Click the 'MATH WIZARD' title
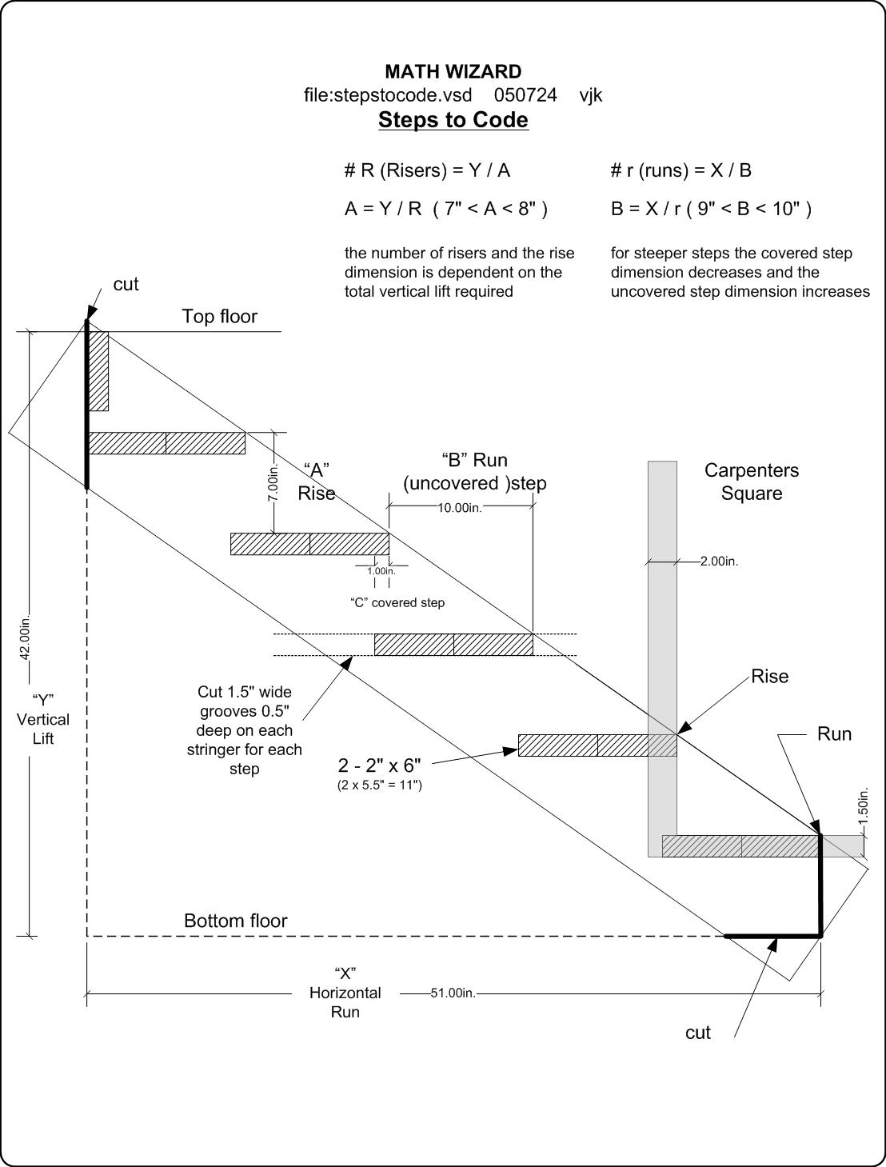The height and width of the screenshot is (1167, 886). click(453, 72)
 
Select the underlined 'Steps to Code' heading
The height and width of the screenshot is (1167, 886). click(453, 120)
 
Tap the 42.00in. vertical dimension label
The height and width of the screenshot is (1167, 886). click(25, 639)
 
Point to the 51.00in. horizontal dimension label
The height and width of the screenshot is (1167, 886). click(453, 993)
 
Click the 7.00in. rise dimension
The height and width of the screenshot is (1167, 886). click(273, 482)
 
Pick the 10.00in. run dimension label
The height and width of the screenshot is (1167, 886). click(460, 508)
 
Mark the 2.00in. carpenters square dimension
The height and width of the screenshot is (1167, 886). click(719, 562)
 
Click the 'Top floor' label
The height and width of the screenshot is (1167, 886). click(219, 316)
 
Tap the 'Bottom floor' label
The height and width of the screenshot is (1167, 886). click(235, 921)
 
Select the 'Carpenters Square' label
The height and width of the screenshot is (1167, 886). click(751, 482)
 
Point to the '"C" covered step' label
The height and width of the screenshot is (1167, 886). click(397, 602)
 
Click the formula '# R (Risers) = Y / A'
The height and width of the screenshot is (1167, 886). click(427, 170)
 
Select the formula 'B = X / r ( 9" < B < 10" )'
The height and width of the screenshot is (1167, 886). click(711, 209)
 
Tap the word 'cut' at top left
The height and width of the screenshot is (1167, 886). click(126, 284)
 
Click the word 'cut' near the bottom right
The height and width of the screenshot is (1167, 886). click(697, 1033)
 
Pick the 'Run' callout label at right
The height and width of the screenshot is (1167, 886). click(834, 734)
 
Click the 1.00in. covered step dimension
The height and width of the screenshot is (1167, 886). click(381, 571)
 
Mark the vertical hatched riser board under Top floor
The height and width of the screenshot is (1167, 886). click(98, 370)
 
